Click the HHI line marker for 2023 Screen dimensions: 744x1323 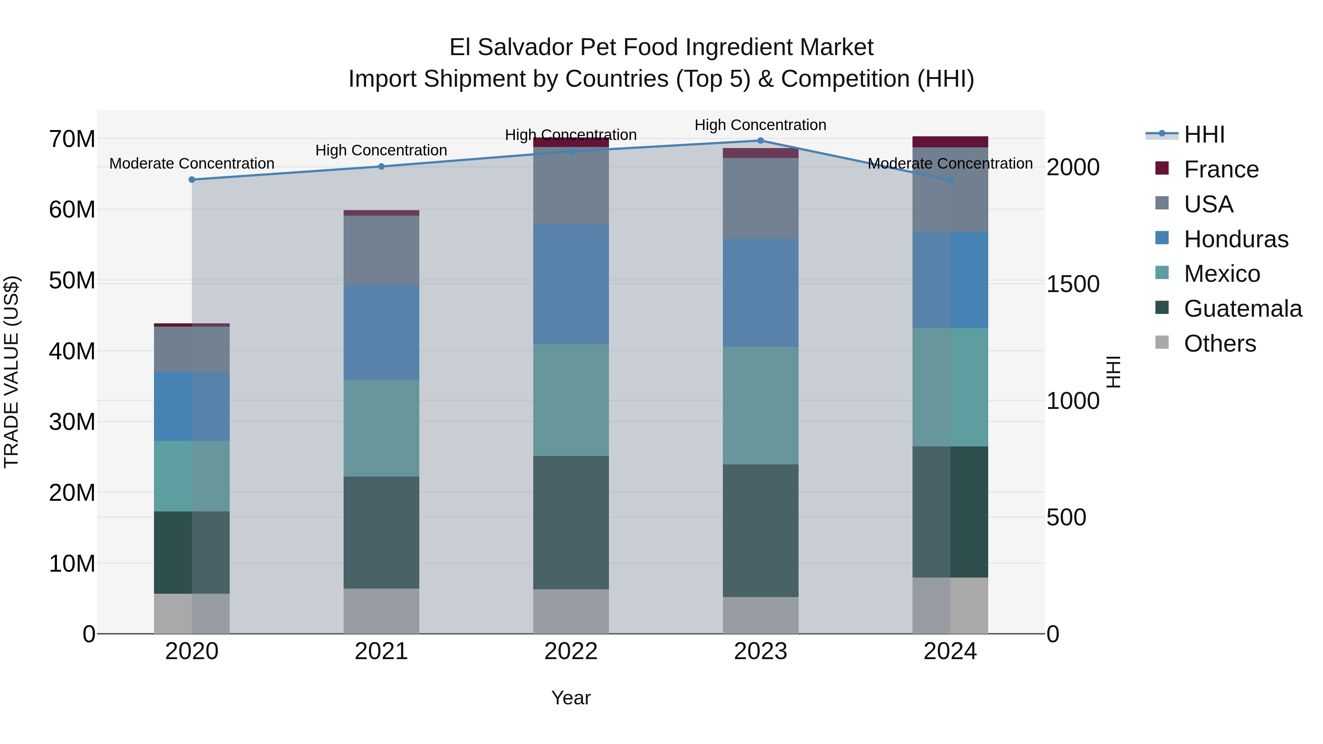tap(761, 141)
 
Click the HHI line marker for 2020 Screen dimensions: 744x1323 tap(192, 180)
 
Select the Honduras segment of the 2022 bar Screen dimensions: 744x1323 tap(571, 284)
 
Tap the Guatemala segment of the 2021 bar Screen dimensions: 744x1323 tap(381, 532)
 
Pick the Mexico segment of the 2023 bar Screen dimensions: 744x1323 tap(761, 406)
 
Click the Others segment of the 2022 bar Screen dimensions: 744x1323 tap(571, 611)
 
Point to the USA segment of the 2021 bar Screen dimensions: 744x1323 tap(381, 251)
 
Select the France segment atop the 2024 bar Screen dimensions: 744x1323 tap(950, 142)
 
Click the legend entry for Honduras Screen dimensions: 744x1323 tap(1235, 239)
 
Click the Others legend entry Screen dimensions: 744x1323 tap(1219, 344)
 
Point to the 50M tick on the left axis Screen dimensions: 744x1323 tap(72, 281)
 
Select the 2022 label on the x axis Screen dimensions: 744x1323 tap(571, 651)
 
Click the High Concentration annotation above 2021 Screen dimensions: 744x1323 tap(381, 150)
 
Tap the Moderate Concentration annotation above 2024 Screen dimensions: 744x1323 tap(950, 164)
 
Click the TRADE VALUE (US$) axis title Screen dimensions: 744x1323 tap(11, 372)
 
